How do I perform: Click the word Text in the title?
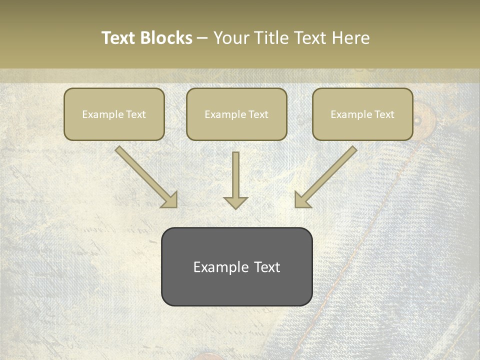coord(118,38)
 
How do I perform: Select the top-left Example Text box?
coord(114,114)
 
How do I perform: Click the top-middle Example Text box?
coord(236,114)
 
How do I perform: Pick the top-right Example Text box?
coord(362,114)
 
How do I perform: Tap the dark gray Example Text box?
coord(236,267)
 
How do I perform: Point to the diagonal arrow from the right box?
coord(326,177)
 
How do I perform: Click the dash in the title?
coord(202,38)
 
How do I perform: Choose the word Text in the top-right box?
coord(384,114)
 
